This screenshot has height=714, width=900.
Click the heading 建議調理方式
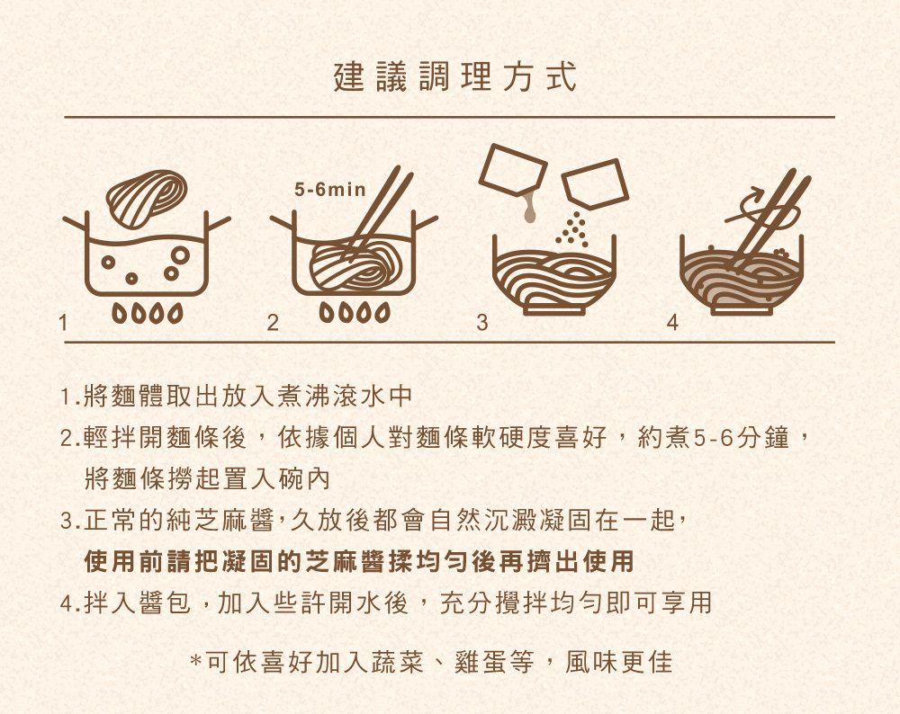point(454,78)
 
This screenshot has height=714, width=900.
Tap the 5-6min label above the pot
point(329,191)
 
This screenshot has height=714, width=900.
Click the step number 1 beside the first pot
point(61,322)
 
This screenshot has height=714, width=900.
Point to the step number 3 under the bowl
point(482,322)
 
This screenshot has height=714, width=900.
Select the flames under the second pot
point(355,315)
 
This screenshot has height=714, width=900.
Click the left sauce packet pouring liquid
point(512,171)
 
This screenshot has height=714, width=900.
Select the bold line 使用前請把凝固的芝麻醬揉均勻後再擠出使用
point(358,563)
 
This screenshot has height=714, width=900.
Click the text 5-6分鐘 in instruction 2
point(742,439)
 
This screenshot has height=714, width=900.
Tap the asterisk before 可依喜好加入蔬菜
point(195,665)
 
